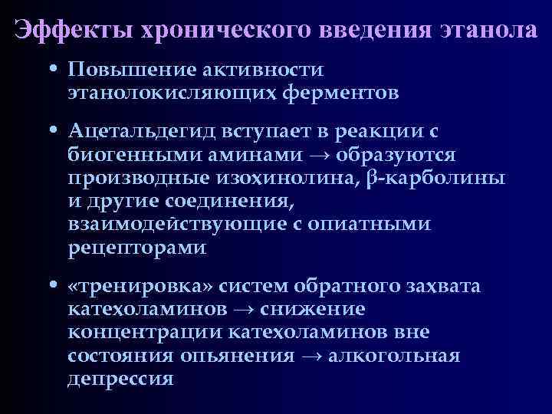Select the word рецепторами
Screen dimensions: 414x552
click(x=136, y=248)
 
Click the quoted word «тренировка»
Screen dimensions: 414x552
click(x=140, y=287)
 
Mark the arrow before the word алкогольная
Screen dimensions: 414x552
click(x=311, y=356)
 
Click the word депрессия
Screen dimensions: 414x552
click(x=120, y=379)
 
